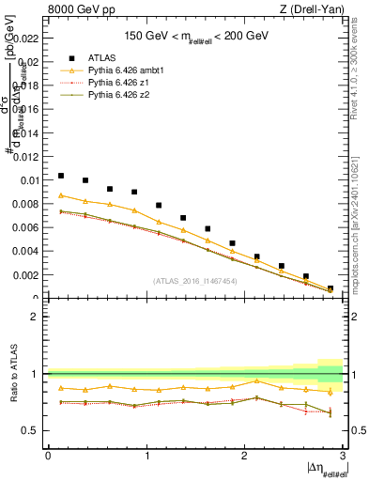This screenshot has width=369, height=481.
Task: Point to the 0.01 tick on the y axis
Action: (31, 180)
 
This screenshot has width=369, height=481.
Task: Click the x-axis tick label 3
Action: (344, 456)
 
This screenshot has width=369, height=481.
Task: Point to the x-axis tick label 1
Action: (146, 456)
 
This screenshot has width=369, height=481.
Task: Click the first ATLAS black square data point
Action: (61, 176)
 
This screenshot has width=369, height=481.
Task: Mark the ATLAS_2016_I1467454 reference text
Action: (194, 280)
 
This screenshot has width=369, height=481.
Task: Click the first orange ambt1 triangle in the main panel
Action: (61, 195)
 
